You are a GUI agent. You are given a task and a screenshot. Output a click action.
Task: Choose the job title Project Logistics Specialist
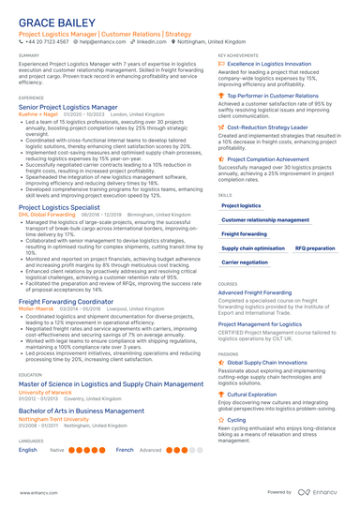[x=59, y=206]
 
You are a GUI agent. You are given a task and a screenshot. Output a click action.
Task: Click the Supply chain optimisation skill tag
[x=251, y=248]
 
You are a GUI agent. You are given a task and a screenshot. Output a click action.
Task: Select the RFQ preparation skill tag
[x=315, y=248]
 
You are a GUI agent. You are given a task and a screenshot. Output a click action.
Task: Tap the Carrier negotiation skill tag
[x=245, y=262]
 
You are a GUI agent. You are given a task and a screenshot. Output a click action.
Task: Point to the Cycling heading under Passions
[x=236, y=420]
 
